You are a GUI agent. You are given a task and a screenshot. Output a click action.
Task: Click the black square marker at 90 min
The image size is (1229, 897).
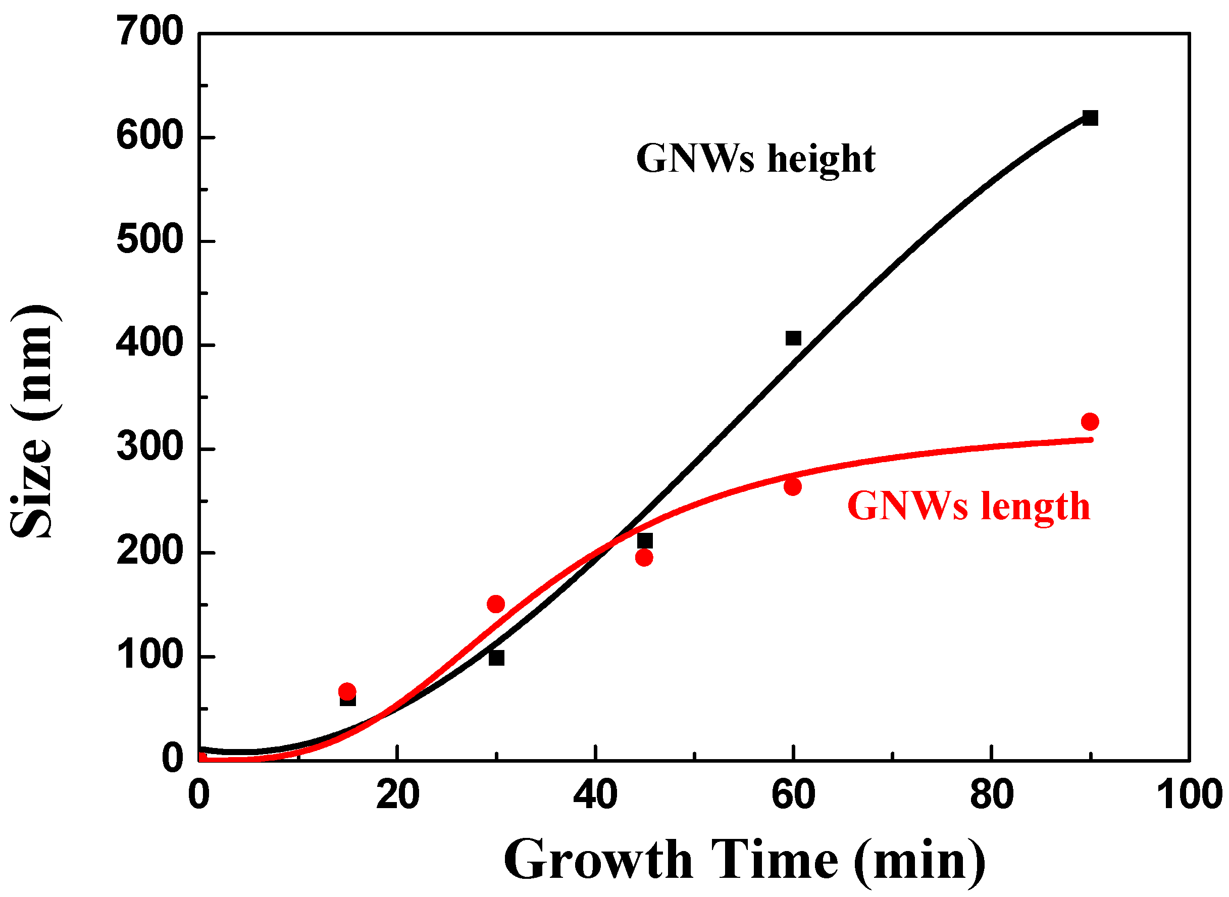click(x=1090, y=118)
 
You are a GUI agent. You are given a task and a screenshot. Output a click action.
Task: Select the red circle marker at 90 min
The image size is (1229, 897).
click(x=1090, y=421)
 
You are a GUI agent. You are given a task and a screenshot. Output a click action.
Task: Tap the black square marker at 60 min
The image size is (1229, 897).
click(x=793, y=338)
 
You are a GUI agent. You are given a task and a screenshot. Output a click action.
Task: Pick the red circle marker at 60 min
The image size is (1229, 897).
click(x=793, y=486)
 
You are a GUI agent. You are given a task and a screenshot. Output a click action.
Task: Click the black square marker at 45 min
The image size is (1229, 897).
click(x=645, y=541)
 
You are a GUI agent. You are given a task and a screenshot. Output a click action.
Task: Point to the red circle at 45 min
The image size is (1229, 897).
click(x=644, y=558)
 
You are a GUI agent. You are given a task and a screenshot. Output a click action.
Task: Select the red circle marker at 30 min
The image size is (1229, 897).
click(x=496, y=604)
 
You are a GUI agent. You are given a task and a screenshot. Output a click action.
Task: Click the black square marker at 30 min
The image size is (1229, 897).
click(x=496, y=658)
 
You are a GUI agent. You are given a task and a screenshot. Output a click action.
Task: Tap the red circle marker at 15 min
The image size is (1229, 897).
click(x=347, y=691)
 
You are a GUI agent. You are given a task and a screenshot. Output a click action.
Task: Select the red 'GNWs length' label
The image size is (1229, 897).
click(x=968, y=506)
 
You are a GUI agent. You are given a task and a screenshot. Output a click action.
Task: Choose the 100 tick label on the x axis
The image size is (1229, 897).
click(x=1189, y=794)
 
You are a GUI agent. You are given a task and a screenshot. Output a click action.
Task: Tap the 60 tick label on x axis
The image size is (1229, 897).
click(x=793, y=794)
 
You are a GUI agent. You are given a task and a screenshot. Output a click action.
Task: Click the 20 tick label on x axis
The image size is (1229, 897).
click(x=397, y=794)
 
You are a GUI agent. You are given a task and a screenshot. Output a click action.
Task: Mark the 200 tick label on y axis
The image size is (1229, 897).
click(x=150, y=552)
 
